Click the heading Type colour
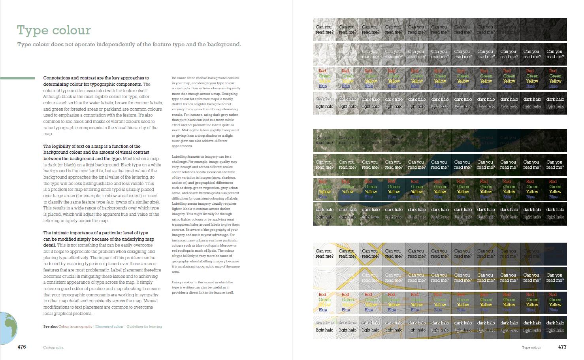[x=54, y=30]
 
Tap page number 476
[x=22, y=347]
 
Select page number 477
[x=562, y=347]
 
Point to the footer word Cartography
[x=53, y=347]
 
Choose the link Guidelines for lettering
[x=144, y=327]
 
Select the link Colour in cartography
[x=75, y=327]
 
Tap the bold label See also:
[x=50, y=327]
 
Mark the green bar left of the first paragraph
[x=18, y=78]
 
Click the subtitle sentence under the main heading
[x=129, y=45]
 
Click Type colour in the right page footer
[x=531, y=347]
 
